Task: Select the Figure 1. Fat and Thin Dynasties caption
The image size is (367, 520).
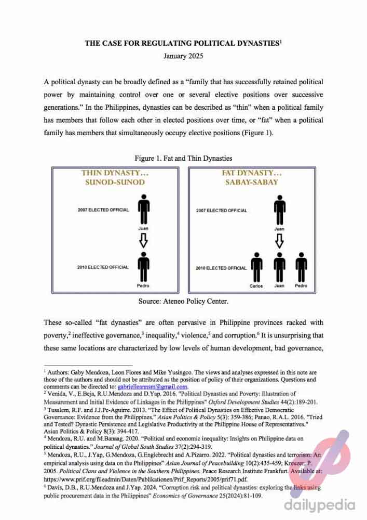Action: tap(183, 158)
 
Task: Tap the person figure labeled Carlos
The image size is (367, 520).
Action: tap(256, 268)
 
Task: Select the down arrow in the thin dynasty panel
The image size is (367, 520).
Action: tap(144, 239)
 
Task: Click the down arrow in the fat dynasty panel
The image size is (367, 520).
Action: tap(279, 240)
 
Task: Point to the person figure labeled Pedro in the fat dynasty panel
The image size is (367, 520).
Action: tap(301, 268)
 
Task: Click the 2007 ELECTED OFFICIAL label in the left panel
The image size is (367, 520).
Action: tap(103, 210)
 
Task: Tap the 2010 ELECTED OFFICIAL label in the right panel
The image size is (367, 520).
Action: tap(221, 268)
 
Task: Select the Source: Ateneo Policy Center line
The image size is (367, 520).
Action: tap(183, 301)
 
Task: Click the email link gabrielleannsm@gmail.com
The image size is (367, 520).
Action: tap(152, 387)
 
